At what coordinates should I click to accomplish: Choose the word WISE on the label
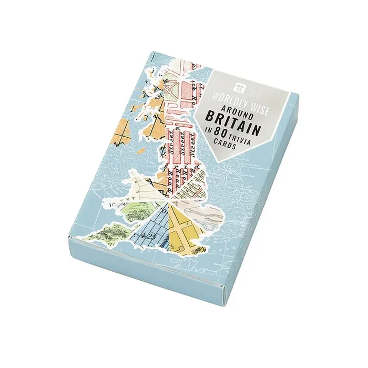253,89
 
